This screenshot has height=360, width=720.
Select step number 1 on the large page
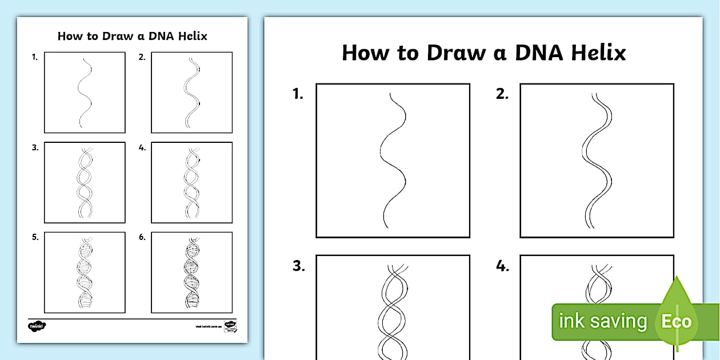298,95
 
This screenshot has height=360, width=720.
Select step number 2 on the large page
502,95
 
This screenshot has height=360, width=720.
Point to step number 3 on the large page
298,266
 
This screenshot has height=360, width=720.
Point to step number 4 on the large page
502,266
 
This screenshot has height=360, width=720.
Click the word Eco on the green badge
676,321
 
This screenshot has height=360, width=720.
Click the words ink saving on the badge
602,321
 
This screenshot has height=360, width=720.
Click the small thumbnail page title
132,37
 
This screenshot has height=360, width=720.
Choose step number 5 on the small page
35,237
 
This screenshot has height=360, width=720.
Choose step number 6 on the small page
142,237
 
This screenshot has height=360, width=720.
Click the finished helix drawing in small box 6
192,273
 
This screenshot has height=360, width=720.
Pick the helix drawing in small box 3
85,183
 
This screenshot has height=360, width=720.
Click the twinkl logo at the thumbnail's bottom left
37,326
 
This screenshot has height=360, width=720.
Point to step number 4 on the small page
142,147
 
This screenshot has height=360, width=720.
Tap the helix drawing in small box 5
85,273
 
